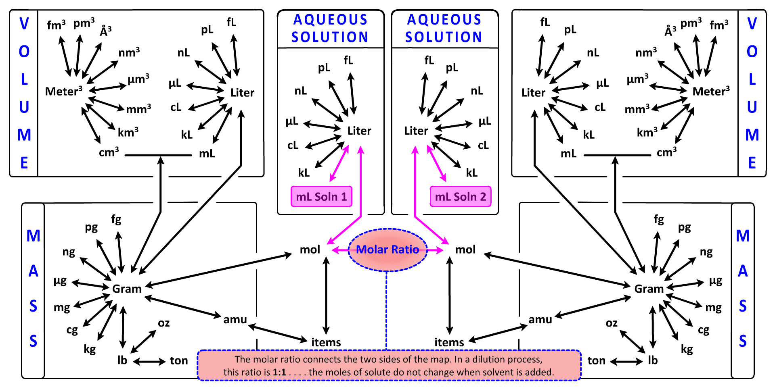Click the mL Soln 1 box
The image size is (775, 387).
tap(321, 197)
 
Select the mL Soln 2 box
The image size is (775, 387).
tap(460, 197)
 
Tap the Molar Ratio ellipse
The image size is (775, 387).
tap(387, 250)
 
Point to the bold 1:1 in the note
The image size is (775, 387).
tap(279, 372)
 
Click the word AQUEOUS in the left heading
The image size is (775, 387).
tap(331, 20)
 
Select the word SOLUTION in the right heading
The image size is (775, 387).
tap(444, 37)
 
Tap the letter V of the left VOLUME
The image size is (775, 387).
tap(24, 24)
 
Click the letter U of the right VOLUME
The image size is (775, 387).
tap(752, 107)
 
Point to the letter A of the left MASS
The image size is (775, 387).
tap(34, 271)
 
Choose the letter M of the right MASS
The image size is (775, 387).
tap(743, 236)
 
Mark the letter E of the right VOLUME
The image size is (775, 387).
tap(752, 163)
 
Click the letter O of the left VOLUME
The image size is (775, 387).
tap(24, 52)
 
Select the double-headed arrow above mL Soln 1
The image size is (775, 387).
tap(339, 164)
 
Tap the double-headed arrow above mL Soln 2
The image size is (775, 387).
tap(437, 164)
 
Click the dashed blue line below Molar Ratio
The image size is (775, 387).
tap(387, 310)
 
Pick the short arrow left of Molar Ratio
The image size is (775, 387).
tap(340, 250)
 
